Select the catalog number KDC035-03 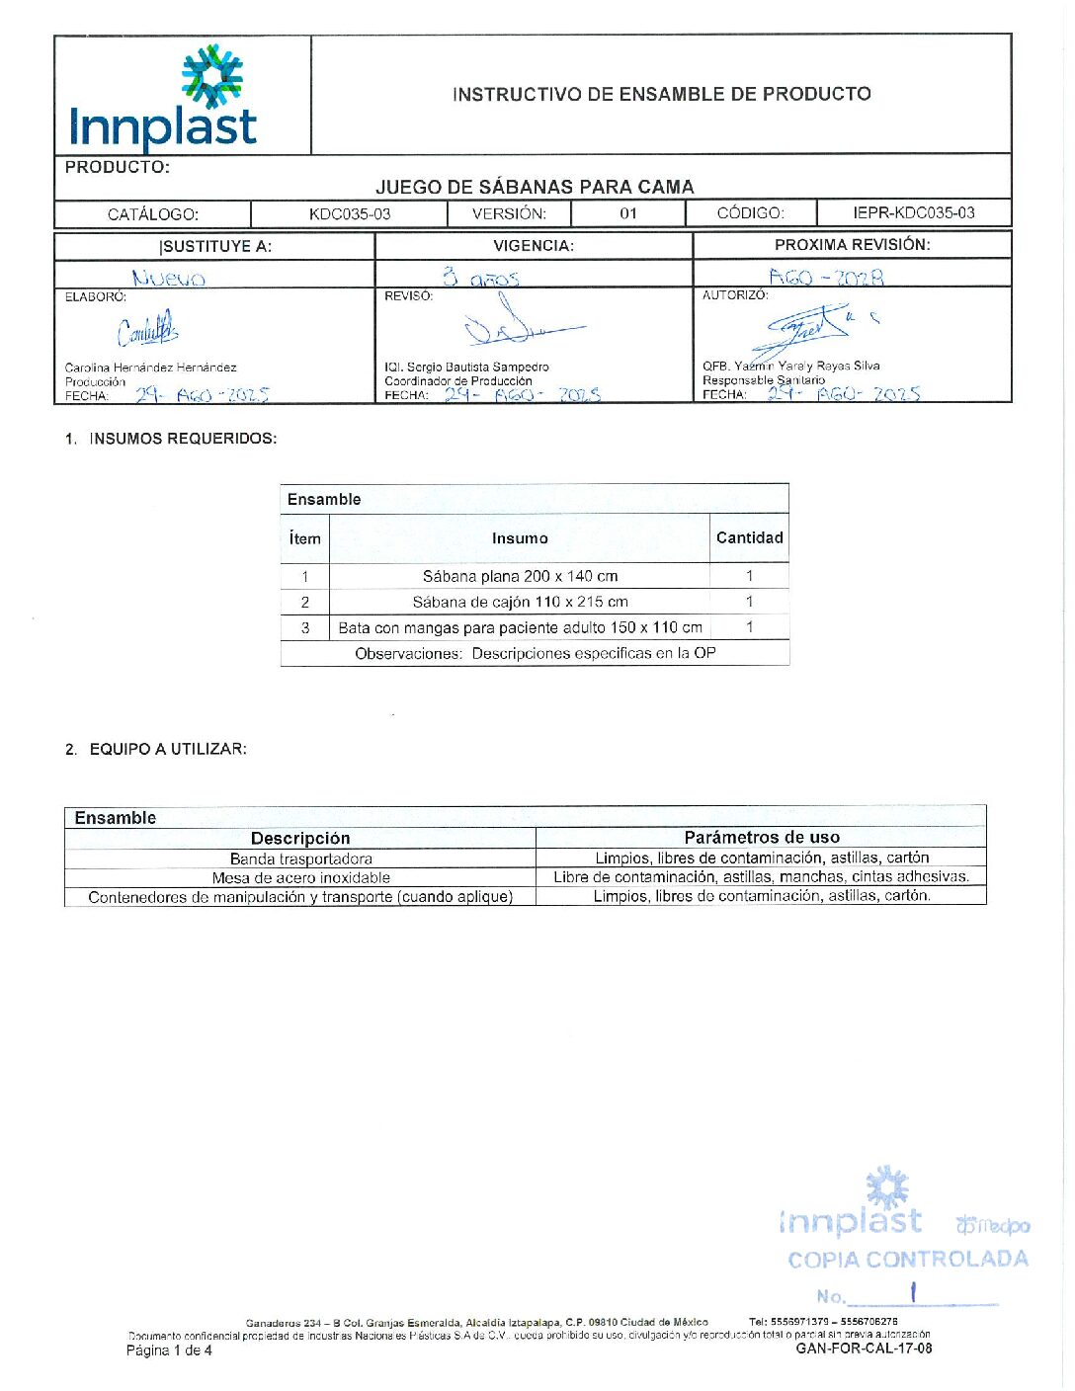(350, 213)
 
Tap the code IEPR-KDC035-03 (913, 212)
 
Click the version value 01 (628, 213)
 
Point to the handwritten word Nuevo (169, 279)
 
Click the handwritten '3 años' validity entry (481, 278)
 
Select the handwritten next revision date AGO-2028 (826, 278)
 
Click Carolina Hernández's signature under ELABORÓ (148, 330)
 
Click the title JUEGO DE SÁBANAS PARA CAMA (535, 187)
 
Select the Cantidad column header (749, 537)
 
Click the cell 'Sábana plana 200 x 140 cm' (520, 576)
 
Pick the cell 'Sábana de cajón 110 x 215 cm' (520, 602)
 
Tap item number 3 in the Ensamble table (305, 627)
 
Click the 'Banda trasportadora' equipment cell (300, 859)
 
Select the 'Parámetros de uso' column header (762, 837)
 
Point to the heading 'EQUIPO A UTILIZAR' (168, 749)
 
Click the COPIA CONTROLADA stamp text (908, 1260)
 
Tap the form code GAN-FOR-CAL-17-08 (864, 1348)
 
